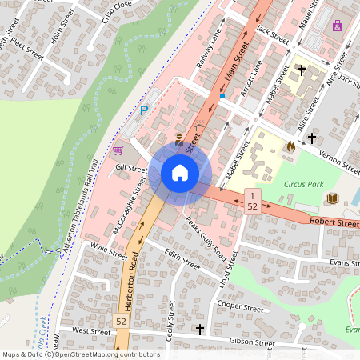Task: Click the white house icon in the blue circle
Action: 180,172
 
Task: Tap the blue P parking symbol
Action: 144,110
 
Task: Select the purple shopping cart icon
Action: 118,150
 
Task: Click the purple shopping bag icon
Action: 338,26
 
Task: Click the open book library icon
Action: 332,198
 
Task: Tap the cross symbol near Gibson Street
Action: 201,329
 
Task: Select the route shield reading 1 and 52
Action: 251,201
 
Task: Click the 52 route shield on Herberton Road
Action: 122,321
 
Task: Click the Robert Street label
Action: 334,221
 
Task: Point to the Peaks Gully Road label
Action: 206,238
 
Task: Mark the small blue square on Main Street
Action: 222,96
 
